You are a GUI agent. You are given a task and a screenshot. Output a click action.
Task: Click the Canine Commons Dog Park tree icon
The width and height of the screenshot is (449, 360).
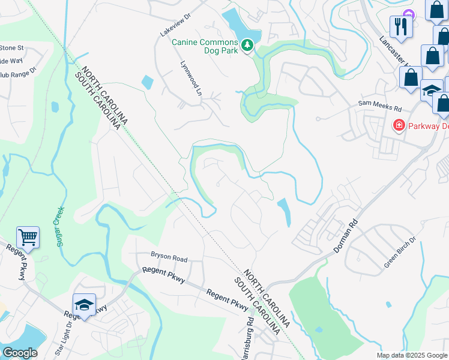[x=247, y=46]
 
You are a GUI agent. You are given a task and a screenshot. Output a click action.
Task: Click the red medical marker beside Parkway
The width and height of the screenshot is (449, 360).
[x=398, y=125]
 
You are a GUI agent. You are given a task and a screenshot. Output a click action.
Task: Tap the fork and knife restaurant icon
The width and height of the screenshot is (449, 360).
[x=399, y=26]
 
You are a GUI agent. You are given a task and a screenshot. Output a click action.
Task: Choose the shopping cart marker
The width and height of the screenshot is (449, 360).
[x=28, y=238]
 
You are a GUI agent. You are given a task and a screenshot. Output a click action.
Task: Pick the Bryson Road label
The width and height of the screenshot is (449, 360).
[x=169, y=259]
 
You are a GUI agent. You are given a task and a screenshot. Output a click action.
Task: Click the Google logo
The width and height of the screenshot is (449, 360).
[x=20, y=353]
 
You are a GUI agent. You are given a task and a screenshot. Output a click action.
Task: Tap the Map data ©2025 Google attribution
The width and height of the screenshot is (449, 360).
[x=411, y=355]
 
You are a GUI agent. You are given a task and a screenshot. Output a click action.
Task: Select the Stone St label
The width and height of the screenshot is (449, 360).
[x=11, y=47]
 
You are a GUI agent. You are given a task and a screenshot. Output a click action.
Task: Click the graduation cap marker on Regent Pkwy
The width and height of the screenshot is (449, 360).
[x=84, y=305]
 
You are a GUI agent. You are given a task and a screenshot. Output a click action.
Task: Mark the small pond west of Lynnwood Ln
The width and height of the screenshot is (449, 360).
[x=146, y=82]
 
